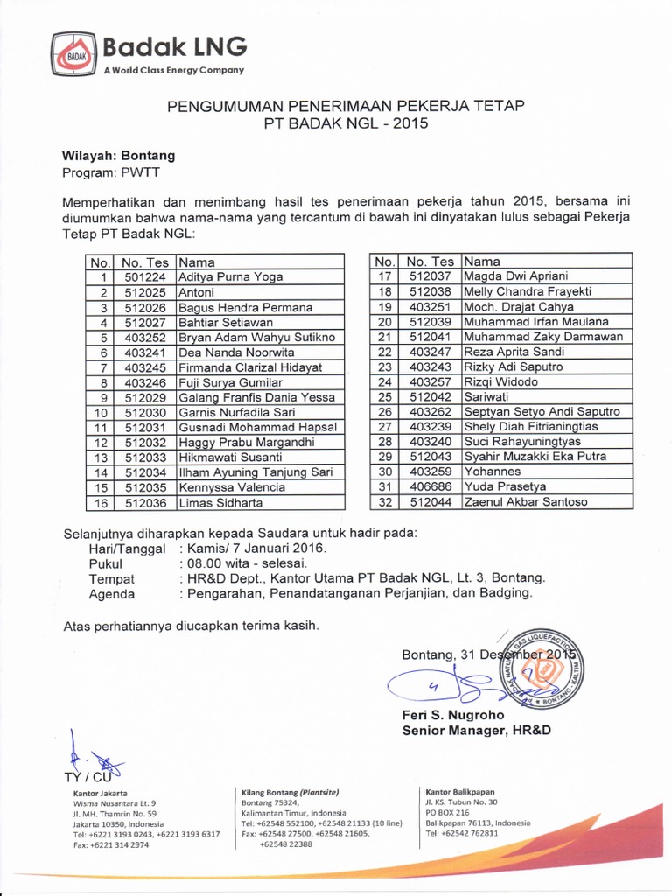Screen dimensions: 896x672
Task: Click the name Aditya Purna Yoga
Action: [x=230, y=276]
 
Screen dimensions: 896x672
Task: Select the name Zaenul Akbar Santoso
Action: [x=526, y=502]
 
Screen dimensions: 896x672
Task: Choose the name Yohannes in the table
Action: [x=493, y=472]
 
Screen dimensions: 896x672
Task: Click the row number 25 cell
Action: [x=383, y=396]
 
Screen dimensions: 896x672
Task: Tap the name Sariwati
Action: [x=488, y=396]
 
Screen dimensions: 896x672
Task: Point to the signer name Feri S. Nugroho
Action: [x=453, y=715]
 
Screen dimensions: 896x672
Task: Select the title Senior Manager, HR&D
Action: [x=476, y=730]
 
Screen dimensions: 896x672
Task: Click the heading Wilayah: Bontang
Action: [x=118, y=155]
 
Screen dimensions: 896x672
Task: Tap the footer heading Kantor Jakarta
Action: [x=100, y=793]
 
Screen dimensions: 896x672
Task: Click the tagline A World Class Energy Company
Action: [x=173, y=70]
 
